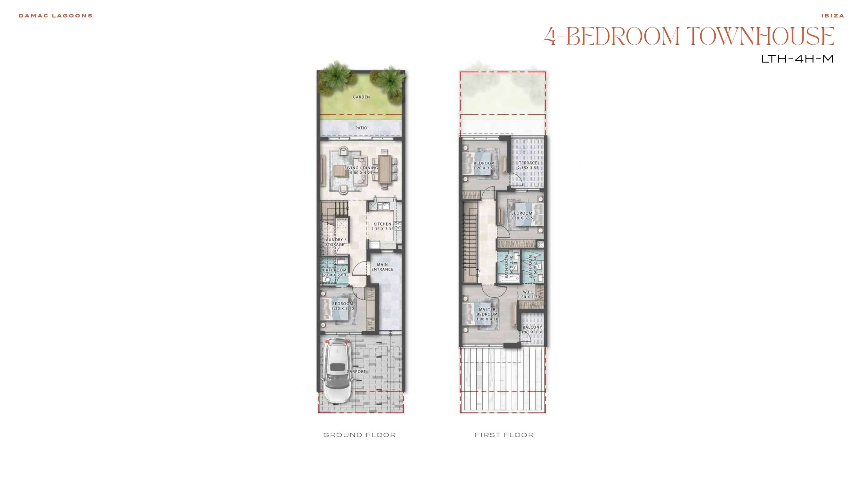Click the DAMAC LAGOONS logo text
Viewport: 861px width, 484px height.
[x=55, y=16]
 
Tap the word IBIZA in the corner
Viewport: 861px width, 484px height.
[x=832, y=16]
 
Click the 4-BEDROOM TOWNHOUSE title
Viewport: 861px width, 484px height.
[x=689, y=36]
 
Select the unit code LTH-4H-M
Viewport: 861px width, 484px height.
[x=797, y=59]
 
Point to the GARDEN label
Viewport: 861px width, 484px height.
[x=361, y=97]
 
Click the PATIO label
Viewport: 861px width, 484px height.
[x=361, y=128]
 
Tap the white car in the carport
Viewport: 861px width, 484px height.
[x=336, y=370]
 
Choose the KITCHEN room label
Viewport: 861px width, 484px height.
[x=382, y=224]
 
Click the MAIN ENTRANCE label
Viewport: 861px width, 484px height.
[x=382, y=267]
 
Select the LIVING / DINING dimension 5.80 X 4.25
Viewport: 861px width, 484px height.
[x=361, y=173]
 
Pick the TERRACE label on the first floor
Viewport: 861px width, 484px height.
[x=528, y=163]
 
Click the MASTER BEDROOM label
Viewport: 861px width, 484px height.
[x=487, y=312]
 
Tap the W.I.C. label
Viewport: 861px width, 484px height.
[x=529, y=292]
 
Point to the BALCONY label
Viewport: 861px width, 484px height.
[x=532, y=327]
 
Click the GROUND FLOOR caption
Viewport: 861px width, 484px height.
[x=360, y=435]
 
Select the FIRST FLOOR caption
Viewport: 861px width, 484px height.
[x=504, y=435]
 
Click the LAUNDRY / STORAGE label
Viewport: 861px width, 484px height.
[x=335, y=242]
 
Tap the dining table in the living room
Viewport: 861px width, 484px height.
[x=384, y=169]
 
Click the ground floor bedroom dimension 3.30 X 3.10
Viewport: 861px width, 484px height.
[x=343, y=309]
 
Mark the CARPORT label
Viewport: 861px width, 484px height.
[x=356, y=372]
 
